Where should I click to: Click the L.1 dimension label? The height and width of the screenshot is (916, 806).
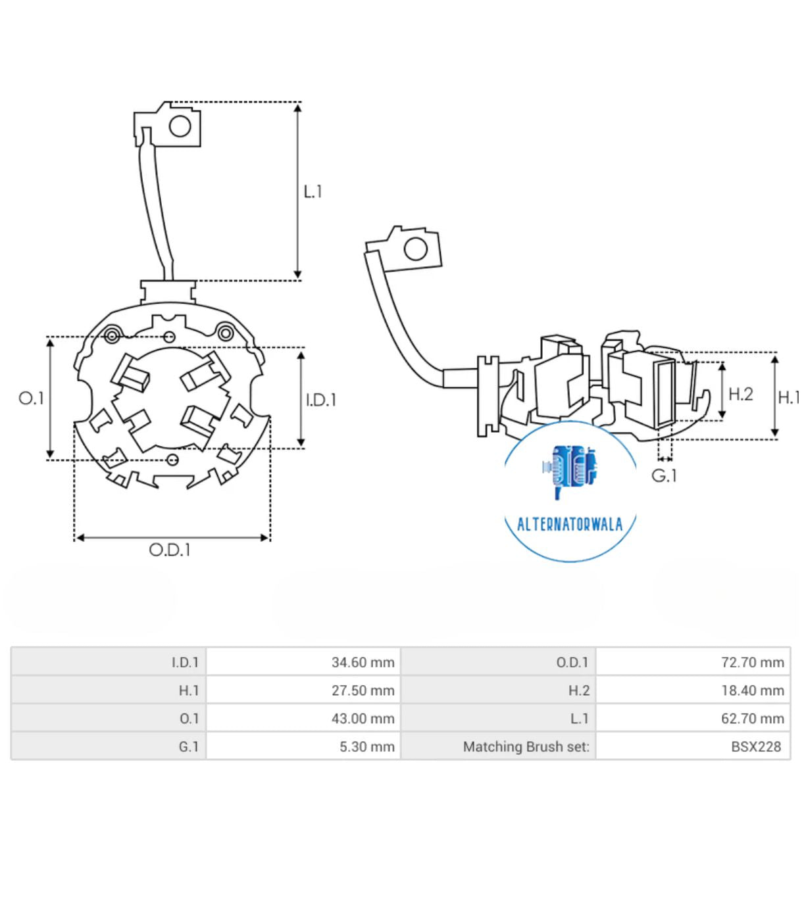point(313,191)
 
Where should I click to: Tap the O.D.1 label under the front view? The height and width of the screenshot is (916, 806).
point(170,550)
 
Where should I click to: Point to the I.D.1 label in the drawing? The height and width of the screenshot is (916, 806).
point(321,400)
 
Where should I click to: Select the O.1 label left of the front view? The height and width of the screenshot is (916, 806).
point(31,398)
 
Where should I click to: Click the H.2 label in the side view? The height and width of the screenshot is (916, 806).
point(740,394)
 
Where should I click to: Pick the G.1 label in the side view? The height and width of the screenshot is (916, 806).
point(664,475)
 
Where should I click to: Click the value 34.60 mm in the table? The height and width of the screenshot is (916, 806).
point(363,662)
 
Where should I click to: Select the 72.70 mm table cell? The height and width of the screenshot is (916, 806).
point(752,662)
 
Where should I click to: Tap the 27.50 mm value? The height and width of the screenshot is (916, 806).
point(363,690)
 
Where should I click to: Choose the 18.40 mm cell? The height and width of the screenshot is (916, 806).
point(752,690)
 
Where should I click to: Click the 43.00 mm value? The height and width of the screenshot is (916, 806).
point(363,719)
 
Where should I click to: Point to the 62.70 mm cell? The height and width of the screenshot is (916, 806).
point(752,719)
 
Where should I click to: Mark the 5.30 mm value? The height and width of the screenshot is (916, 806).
point(366,747)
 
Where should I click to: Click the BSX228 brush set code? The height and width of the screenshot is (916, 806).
point(756,747)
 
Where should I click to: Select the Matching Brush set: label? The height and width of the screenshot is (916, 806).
point(526,747)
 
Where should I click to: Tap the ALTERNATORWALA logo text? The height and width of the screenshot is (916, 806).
point(570,524)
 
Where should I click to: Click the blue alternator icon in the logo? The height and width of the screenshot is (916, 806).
point(570,468)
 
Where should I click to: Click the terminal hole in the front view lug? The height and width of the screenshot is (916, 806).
point(180,125)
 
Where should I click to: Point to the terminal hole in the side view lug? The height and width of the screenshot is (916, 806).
point(415,249)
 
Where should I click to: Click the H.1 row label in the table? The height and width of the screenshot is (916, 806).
point(189,690)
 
